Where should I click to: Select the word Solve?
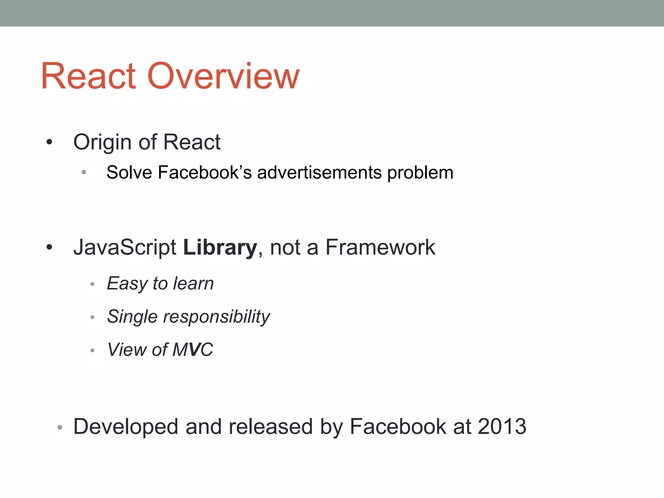[x=129, y=172]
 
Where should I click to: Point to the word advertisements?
[x=319, y=172]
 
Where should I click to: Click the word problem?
[x=420, y=173]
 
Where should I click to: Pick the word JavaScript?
[x=125, y=248]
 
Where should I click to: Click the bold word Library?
[x=220, y=248]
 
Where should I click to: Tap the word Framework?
[x=380, y=247]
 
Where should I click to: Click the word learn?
[x=193, y=283]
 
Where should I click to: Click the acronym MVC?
[x=193, y=350]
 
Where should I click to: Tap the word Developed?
[x=126, y=427]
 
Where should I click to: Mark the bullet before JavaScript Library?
[x=49, y=247]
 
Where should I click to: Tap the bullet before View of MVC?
[x=92, y=350]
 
